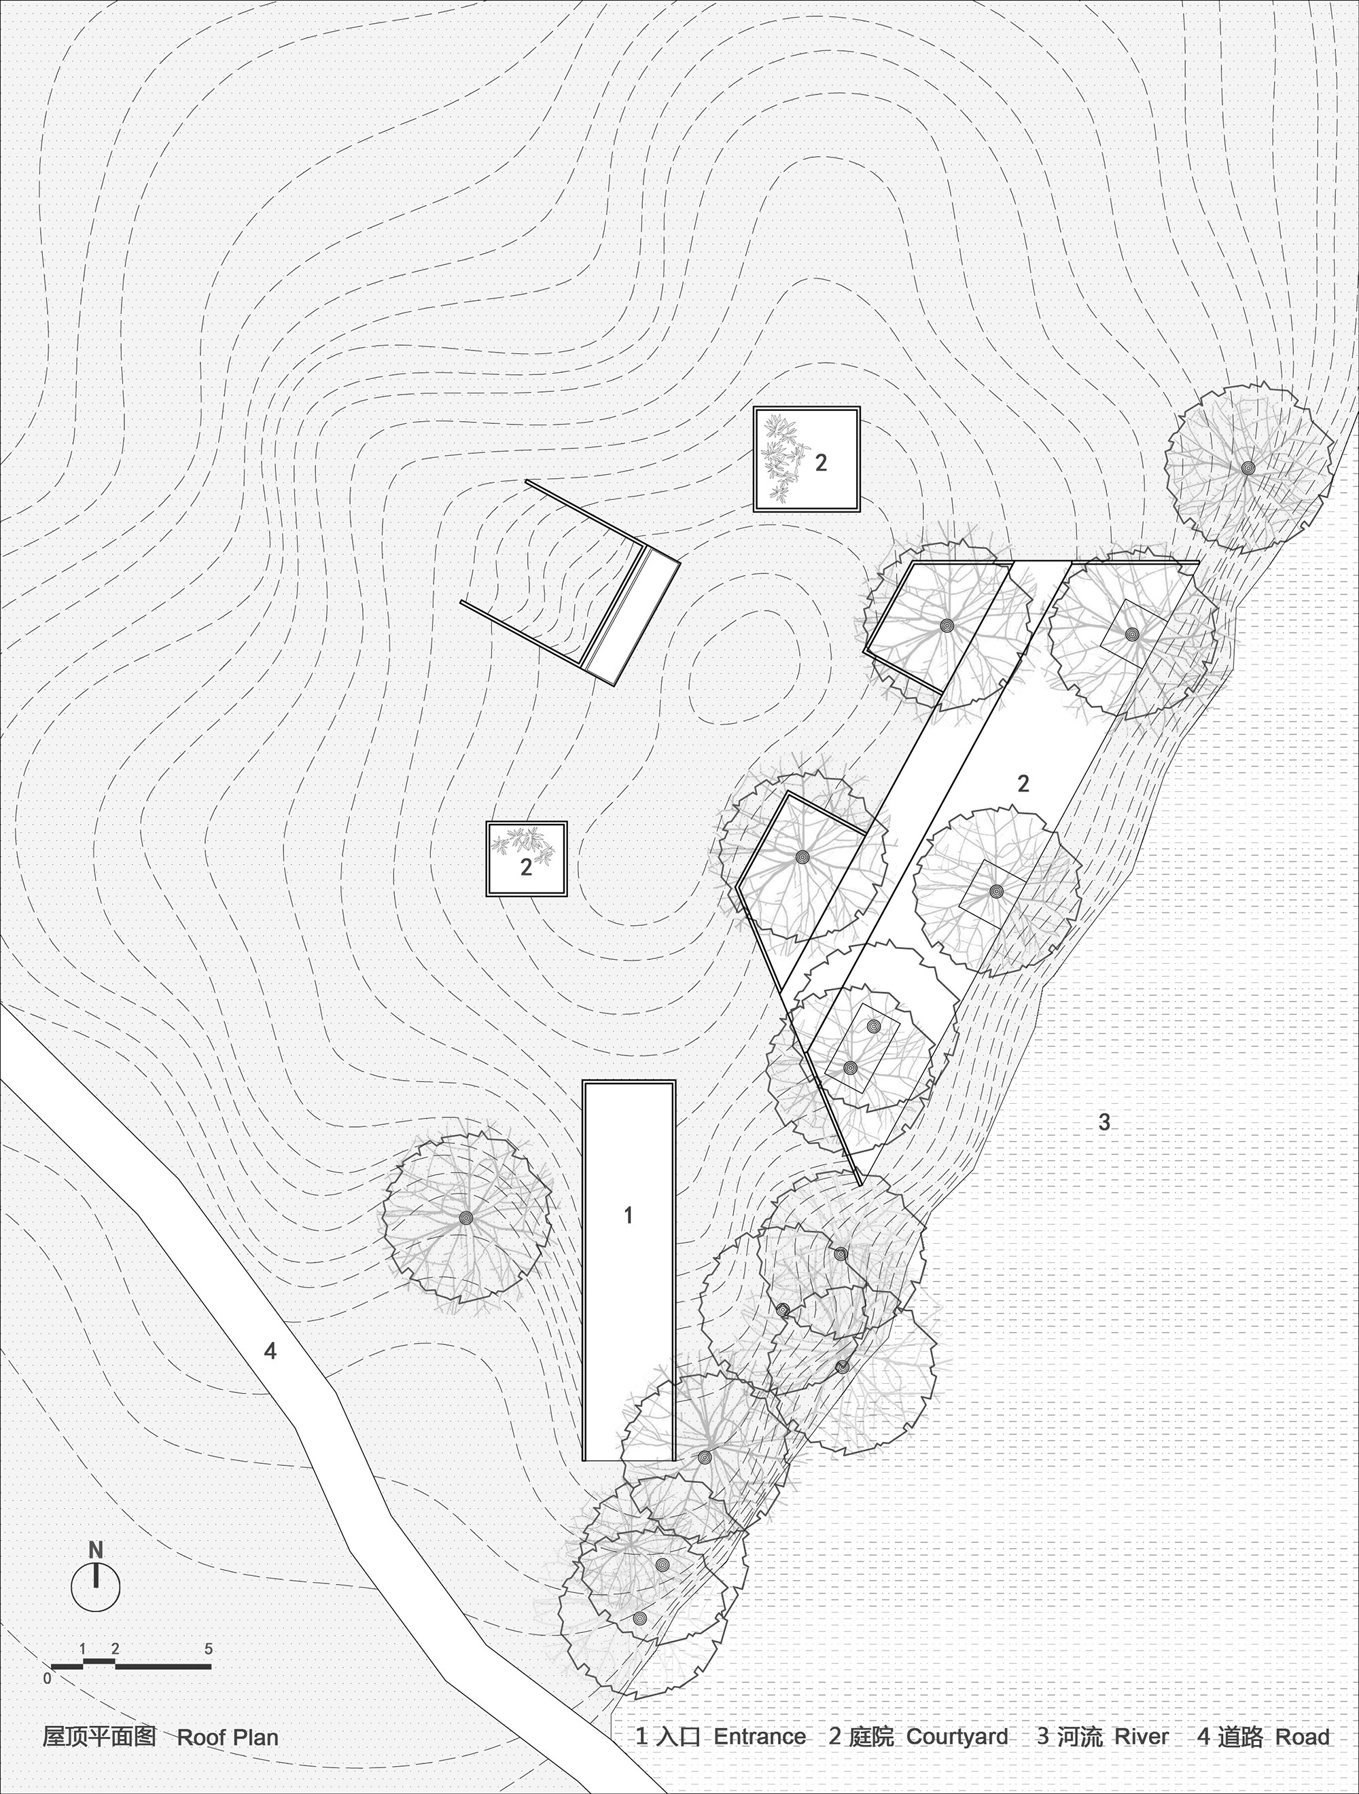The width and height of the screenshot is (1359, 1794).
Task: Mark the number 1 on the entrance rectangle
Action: point(627,1215)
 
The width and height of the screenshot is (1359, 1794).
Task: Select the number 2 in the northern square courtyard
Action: point(821,463)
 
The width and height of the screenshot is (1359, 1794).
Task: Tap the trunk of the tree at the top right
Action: point(1247,468)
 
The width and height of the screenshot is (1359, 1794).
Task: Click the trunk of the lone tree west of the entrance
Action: point(465,1217)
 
